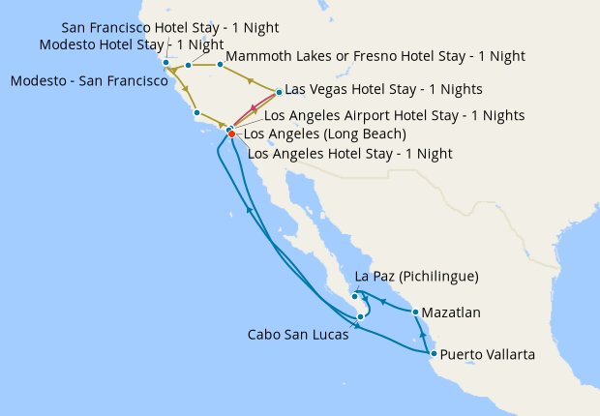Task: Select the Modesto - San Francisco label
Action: pyautogui.click(x=89, y=81)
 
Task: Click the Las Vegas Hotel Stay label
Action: pyautogui.click(x=383, y=89)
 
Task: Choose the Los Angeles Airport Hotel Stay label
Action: pyautogui.click(x=394, y=115)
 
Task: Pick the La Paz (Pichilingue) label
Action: pyautogui.click(x=417, y=277)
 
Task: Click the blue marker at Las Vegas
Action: pyautogui.click(x=279, y=93)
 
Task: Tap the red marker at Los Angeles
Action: pyautogui.click(x=231, y=134)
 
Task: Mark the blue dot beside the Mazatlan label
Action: pyautogui.click(x=415, y=312)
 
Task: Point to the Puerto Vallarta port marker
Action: pyautogui.click(x=433, y=354)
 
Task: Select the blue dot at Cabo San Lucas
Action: pyautogui.click(x=360, y=316)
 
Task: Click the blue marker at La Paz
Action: pyautogui.click(x=355, y=296)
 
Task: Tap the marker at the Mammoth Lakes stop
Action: pyautogui.click(x=221, y=65)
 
